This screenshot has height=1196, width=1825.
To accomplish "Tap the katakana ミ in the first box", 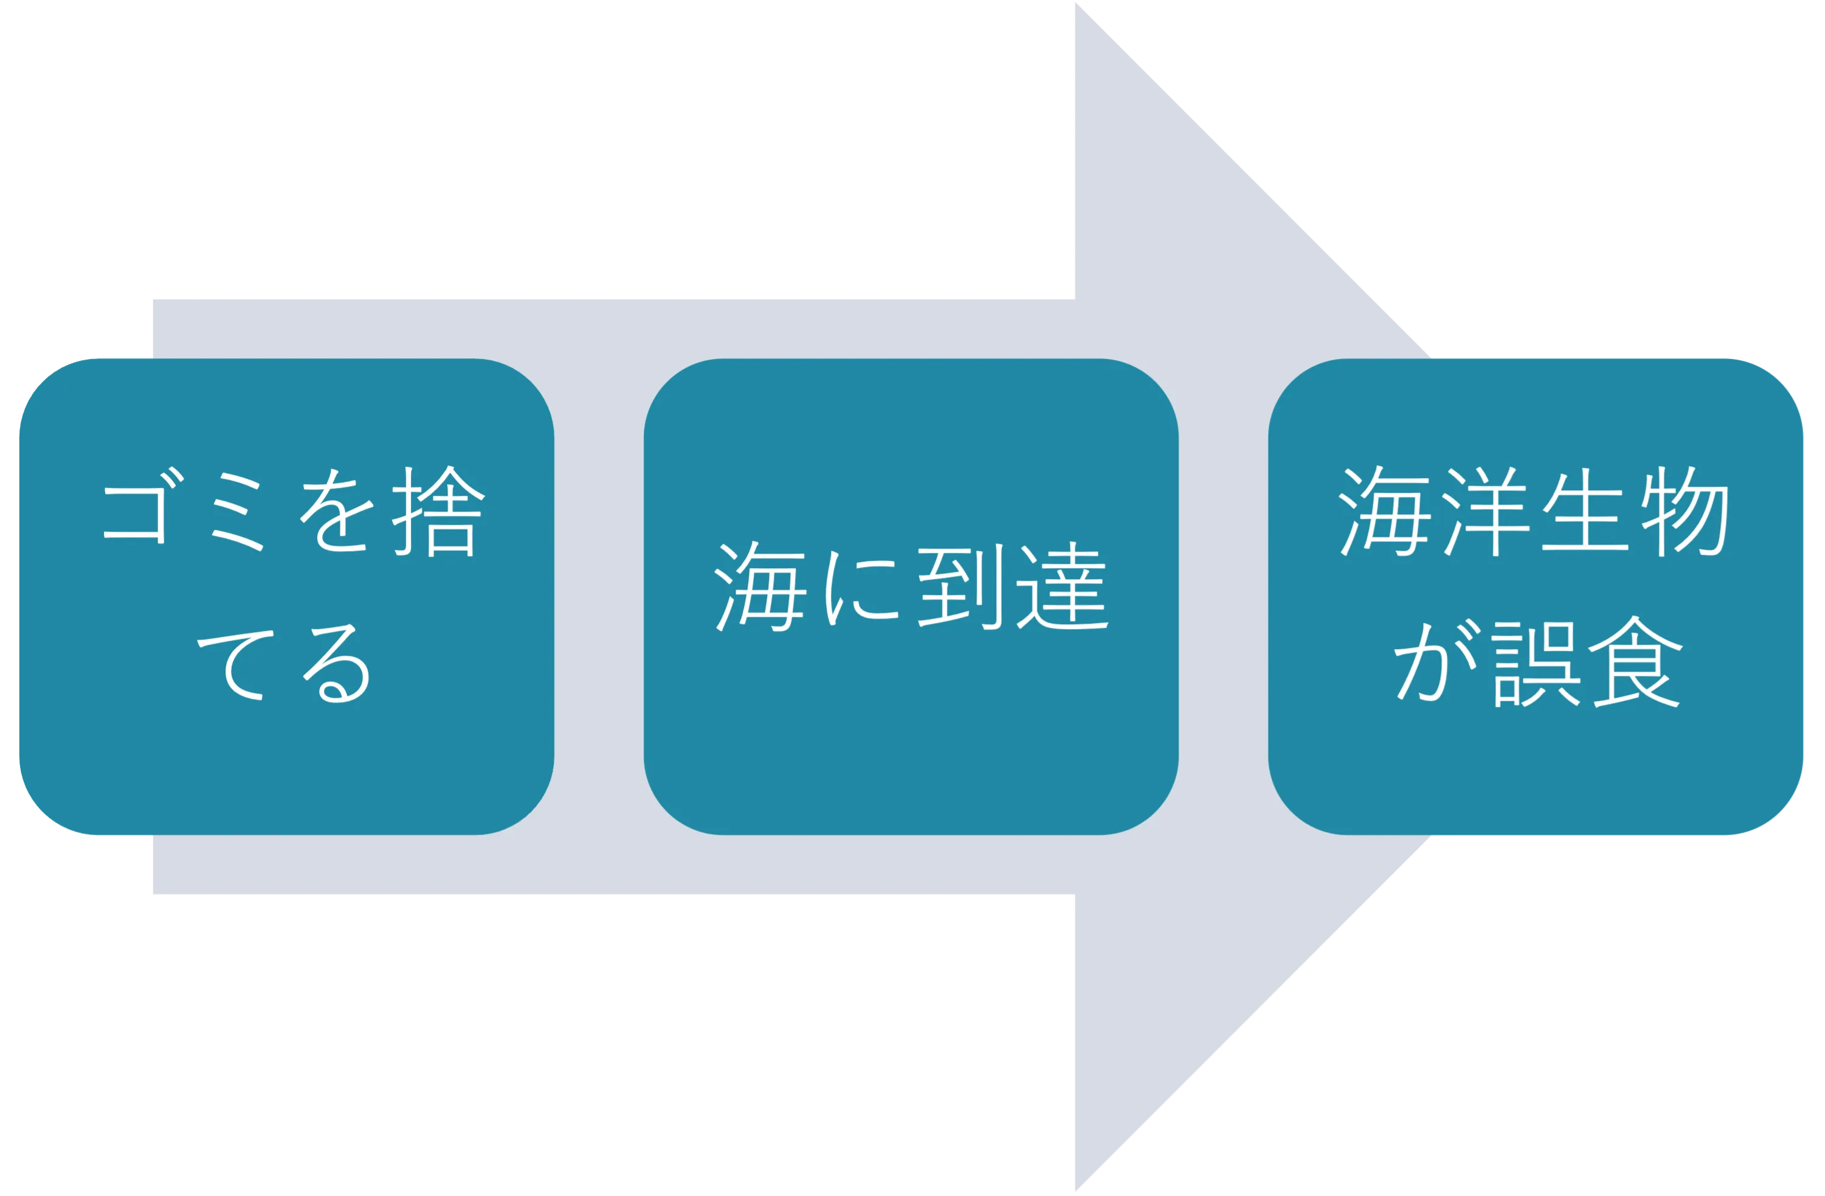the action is tap(237, 512).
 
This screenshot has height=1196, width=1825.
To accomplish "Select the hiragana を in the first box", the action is tap(336, 510).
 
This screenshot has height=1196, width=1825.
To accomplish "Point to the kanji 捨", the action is tap(438, 511).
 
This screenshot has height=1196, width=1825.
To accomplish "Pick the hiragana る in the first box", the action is tap(336, 664).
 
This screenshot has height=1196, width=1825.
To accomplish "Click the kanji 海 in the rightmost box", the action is tap(1385, 511).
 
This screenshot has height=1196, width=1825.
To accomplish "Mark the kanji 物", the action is tap(1685, 511).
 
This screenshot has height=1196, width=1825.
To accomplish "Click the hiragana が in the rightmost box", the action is tap(1435, 661).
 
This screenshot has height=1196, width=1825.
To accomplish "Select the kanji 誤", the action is tap(1536, 664).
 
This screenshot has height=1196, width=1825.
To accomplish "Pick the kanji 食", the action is tap(1635, 661).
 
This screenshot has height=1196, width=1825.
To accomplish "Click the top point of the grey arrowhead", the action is tap(1076, 2).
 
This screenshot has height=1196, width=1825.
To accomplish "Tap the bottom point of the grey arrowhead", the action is tap(1076, 1191).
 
